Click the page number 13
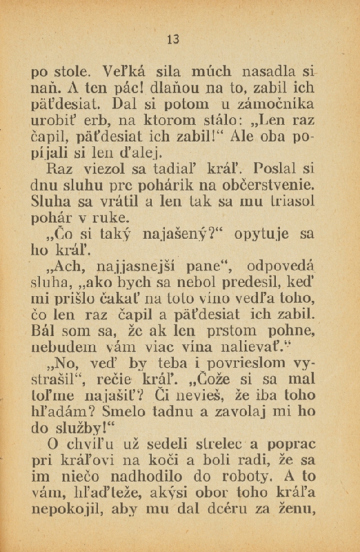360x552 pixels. click(173, 40)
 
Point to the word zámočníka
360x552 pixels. click(279, 104)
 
